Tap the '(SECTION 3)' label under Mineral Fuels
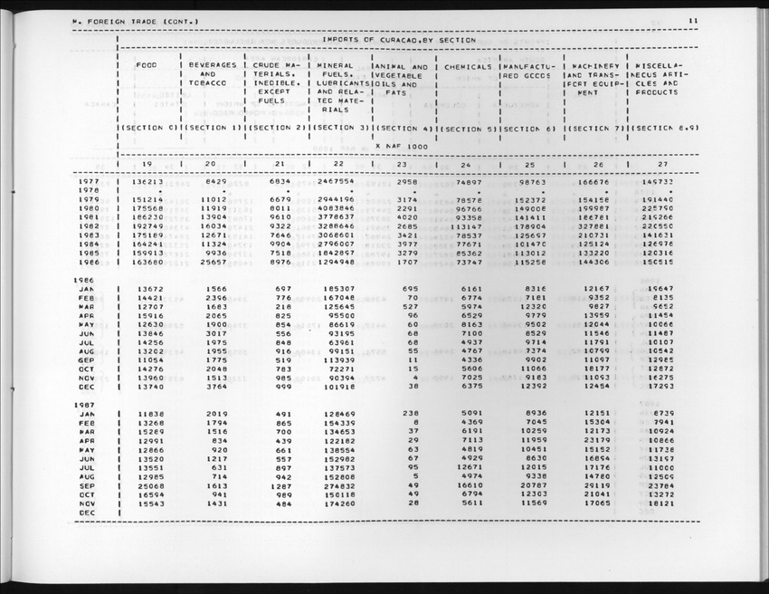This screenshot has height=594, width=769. (x=339, y=129)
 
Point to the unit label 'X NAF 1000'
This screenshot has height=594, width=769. (x=402, y=146)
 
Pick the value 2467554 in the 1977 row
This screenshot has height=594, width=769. (x=336, y=182)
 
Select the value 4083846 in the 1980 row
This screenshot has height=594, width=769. (x=336, y=208)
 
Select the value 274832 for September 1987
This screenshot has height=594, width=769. (x=336, y=485)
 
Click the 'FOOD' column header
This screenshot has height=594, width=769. (x=146, y=66)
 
